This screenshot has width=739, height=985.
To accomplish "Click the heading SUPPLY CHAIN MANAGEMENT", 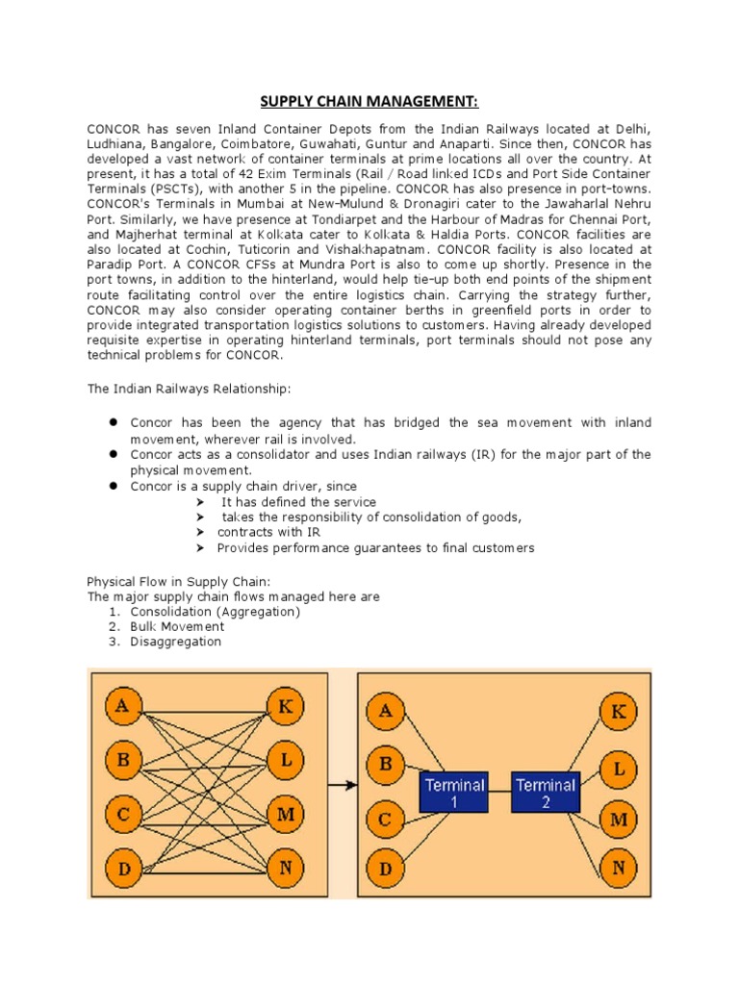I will [369, 102].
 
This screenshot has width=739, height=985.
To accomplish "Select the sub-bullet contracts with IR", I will [269, 532].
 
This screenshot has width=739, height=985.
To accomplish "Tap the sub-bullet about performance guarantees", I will [375, 547].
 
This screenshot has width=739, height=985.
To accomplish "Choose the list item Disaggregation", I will [175, 642].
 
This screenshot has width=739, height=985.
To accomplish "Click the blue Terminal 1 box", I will [453, 793].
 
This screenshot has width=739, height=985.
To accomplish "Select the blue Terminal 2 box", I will [546, 793].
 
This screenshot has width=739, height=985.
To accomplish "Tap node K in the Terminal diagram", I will [618, 713].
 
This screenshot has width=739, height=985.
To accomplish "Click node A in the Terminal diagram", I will [385, 713].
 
